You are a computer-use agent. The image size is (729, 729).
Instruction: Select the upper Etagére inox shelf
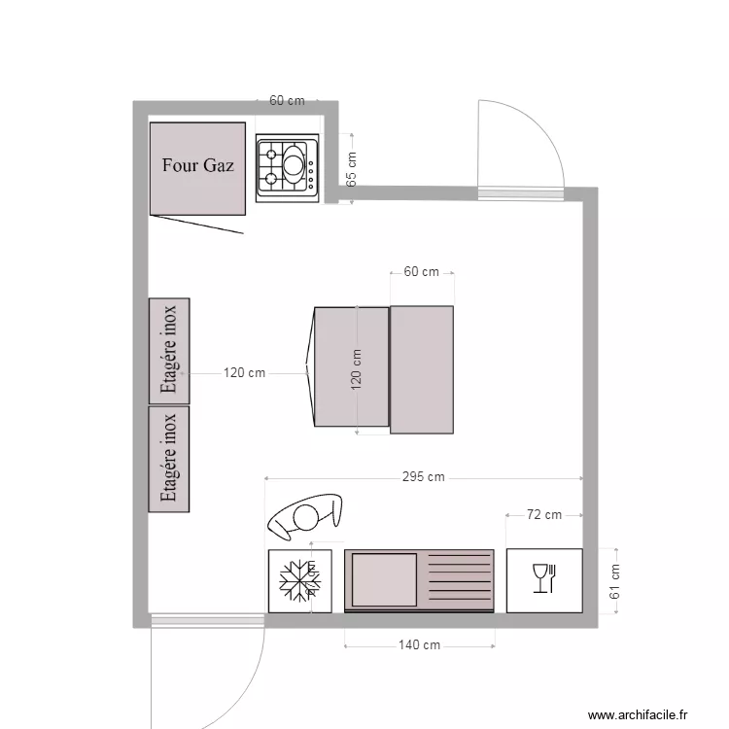pyautogui.click(x=169, y=350)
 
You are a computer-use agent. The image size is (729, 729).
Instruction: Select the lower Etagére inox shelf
pyautogui.click(x=169, y=459)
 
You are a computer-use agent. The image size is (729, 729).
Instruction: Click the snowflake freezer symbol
pyautogui.click(x=299, y=580)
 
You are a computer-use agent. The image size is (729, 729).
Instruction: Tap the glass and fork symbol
pyautogui.click(x=544, y=579)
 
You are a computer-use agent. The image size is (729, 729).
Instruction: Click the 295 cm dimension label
pyautogui.click(x=423, y=477)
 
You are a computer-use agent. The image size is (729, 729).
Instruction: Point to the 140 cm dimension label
pyautogui.click(x=420, y=644)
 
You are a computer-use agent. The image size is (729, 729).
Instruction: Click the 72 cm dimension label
pyautogui.click(x=544, y=515)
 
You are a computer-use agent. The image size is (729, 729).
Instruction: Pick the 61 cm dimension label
pyautogui.click(x=614, y=580)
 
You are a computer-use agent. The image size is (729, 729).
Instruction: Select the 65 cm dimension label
pyautogui.click(x=352, y=168)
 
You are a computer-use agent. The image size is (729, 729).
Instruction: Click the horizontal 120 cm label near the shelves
pyautogui.click(x=244, y=372)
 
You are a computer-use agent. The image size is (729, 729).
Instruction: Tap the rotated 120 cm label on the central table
pyautogui.click(x=357, y=369)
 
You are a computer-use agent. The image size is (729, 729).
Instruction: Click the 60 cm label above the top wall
pyautogui.click(x=287, y=100)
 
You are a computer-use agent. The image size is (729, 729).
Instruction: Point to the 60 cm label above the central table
pyautogui.click(x=421, y=272)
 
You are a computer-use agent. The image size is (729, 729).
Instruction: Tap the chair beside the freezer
pyautogui.click(x=303, y=518)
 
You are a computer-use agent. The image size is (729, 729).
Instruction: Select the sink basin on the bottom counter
pyautogui.click(x=384, y=580)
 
